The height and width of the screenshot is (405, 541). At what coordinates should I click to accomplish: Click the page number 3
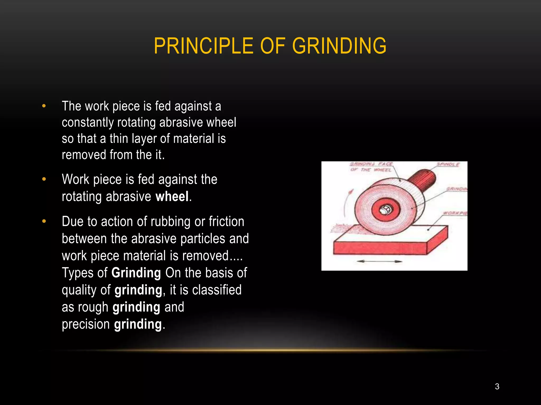497,387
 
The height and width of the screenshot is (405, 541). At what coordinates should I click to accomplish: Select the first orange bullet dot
44,106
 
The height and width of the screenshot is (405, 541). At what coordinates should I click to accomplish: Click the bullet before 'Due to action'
44,221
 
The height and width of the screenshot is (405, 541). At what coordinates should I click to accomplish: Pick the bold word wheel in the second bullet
172,197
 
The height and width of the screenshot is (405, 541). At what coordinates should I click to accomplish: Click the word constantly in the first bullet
88,123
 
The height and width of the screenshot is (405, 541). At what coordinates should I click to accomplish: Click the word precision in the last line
86,324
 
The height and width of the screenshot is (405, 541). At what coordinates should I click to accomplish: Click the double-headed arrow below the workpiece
379,261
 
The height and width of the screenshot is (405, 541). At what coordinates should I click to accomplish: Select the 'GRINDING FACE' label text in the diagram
371,164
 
